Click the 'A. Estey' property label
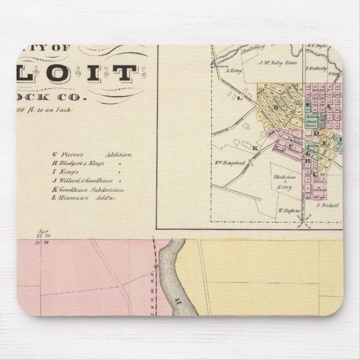pyautogui.click(x=233, y=70)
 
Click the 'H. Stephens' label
pyautogui.click(x=286, y=210)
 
